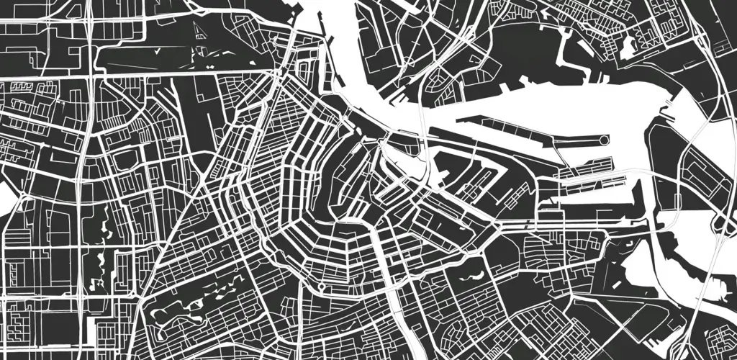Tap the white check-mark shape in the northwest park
click(x=158, y=52)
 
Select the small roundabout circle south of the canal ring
click(x=320, y=288)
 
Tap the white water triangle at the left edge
click(x=6, y=198)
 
